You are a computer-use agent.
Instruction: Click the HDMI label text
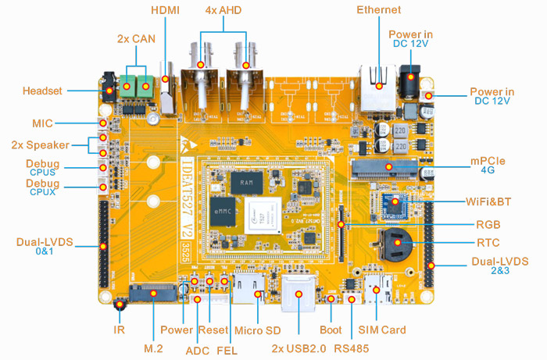click(x=164, y=10)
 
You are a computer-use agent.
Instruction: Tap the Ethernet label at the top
click(x=378, y=10)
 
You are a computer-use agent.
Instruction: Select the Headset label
click(x=42, y=91)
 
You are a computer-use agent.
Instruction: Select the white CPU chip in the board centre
click(x=263, y=213)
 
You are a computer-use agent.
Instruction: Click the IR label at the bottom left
click(x=120, y=330)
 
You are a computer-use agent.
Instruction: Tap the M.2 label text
click(x=153, y=348)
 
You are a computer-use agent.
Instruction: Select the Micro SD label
click(x=256, y=330)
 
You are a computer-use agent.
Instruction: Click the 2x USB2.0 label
click(x=299, y=348)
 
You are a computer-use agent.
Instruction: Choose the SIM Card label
click(x=382, y=330)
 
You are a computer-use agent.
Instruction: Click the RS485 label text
click(x=351, y=348)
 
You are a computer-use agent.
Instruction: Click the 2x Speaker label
click(x=39, y=144)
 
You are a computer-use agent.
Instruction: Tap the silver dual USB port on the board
click(x=299, y=294)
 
